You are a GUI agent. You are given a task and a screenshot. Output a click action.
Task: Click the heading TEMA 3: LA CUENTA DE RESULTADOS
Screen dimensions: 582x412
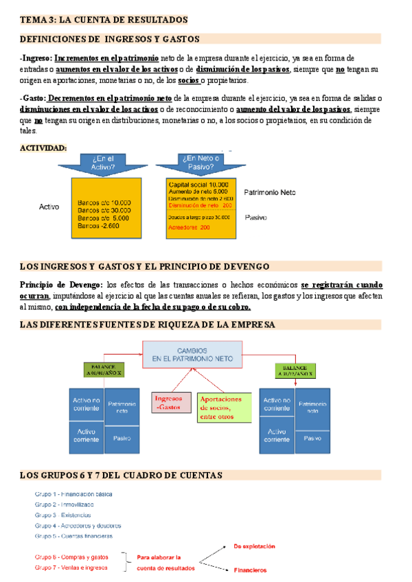tap(104, 21)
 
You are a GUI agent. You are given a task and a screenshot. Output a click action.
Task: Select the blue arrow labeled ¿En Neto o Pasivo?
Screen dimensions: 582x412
tap(196, 163)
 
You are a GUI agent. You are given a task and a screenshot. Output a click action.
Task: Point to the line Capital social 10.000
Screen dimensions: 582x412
tap(198, 185)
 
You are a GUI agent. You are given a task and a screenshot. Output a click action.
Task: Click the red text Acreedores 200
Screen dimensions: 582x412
tap(190, 227)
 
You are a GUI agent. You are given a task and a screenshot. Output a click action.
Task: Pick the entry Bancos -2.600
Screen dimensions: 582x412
tap(99, 226)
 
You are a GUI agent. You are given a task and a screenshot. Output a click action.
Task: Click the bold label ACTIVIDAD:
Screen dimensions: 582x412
tap(43, 148)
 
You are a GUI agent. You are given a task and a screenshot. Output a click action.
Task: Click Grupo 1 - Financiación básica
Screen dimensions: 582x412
tap(73, 494)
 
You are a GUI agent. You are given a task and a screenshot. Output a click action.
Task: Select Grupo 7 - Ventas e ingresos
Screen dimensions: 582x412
tap(71, 568)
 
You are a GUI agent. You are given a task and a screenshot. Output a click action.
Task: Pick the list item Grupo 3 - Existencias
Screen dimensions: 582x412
tap(62, 515)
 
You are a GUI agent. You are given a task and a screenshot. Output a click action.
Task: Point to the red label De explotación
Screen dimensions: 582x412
tap(254, 546)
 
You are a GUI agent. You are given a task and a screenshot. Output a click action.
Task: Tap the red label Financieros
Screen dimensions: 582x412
tap(249, 570)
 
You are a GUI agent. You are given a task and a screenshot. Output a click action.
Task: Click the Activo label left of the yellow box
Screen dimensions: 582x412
tap(49, 206)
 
